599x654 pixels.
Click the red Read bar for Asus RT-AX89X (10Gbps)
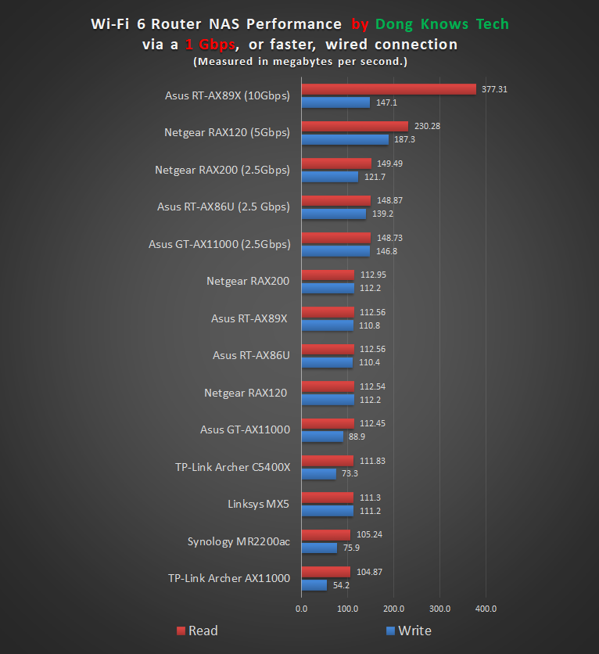click(x=389, y=89)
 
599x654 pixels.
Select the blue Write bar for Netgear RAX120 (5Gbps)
click(x=345, y=139)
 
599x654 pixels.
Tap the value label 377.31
click(x=494, y=89)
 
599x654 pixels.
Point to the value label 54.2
click(x=341, y=585)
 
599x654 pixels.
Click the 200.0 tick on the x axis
click(x=393, y=608)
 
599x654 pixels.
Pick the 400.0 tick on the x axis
click(x=486, y=608)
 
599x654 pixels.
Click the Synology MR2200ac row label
click(x=239, y=541)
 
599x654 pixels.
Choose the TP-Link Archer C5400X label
click(x=232, y=467)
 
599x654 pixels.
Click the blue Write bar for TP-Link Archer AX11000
click(x=314, y=585)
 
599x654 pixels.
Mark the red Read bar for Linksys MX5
click(x=327, y=498)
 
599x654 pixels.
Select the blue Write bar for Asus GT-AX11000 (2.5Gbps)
click(x=335, y=251)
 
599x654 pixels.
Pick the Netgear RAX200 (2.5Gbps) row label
click(x=222, y=170)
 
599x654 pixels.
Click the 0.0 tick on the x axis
click(x=301, y=608)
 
